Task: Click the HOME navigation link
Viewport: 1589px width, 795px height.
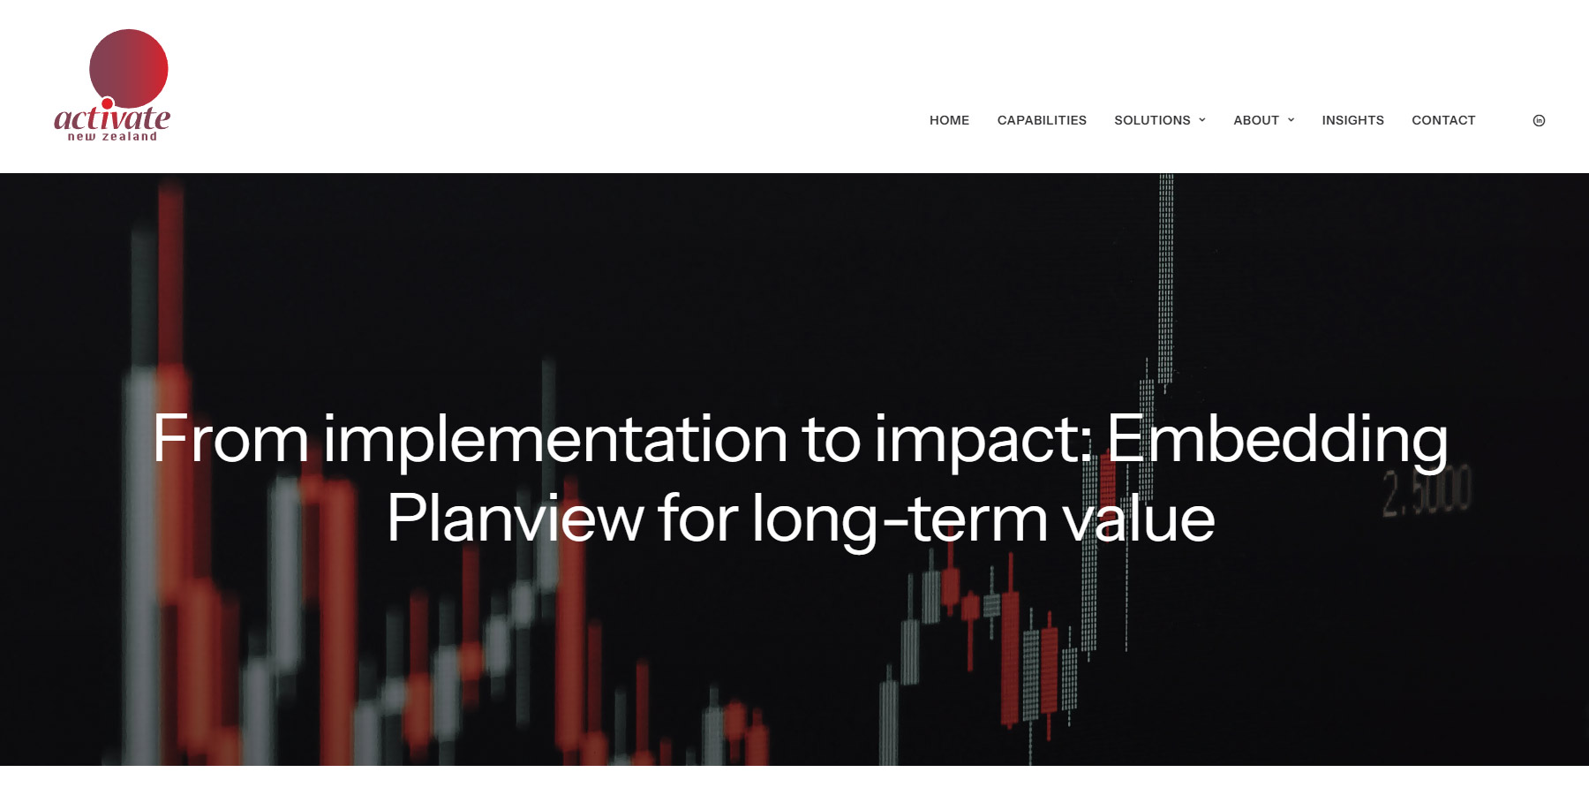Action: click(x=949, y=120)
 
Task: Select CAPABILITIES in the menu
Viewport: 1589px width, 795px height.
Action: click(x=1042, y=120)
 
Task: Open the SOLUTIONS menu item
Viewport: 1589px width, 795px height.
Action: click(x=1152, y=120)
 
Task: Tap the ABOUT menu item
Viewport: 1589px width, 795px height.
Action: click(x=1256, y=120)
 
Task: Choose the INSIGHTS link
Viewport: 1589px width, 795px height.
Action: click(x=1352, y=120)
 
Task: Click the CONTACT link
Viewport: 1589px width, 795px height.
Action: click(x=1443, y=120)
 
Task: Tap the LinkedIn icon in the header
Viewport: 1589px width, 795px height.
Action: click(x=1539, y=120)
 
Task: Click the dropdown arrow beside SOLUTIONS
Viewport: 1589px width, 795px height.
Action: click(x=1202, y=120)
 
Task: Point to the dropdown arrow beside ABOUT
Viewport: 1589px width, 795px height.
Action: click(x=1291, y=120)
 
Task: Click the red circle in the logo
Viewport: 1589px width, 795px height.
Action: click(x=129, y=68)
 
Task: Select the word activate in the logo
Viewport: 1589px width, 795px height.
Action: click(x=112, y=117)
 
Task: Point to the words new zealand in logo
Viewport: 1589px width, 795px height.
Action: click(x=112, y=137)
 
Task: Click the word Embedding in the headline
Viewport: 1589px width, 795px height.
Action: click(x=1276, y=440)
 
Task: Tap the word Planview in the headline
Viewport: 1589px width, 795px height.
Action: click(x=515, y=519)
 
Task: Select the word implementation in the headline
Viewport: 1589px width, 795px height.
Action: click(x=555, y=440)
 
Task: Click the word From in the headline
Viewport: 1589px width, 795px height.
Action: click(x=230, y=438)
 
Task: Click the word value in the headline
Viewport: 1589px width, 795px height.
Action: click(x=1139, y=519)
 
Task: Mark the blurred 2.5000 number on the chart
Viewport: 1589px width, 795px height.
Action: click(x=1427, y=491)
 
